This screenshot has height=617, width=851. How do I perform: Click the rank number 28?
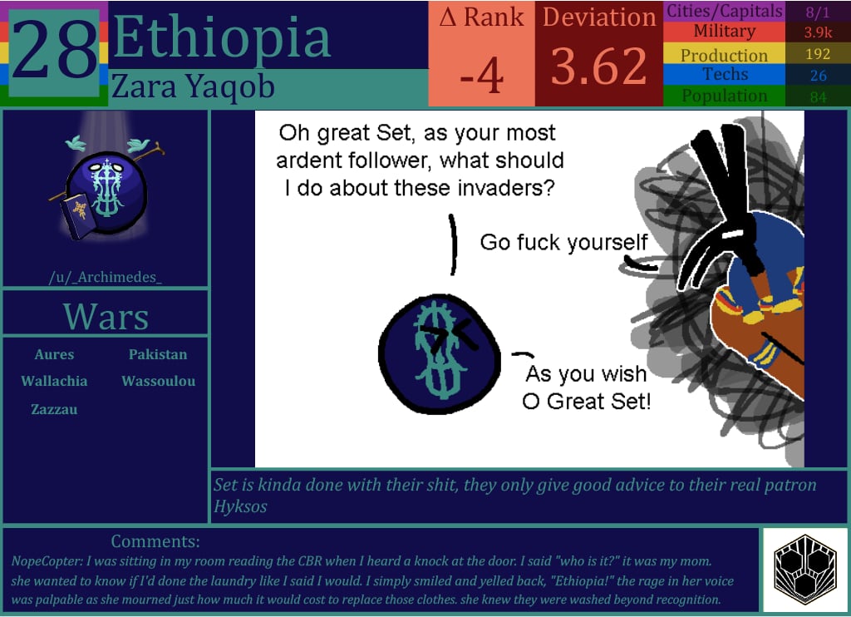pos(55,51)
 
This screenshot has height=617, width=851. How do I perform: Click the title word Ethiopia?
pos(221,37)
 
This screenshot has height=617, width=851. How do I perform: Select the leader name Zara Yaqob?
pos(193,86)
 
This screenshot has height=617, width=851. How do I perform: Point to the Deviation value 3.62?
pos(598,67)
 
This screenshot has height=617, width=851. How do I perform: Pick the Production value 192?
pos(818,55)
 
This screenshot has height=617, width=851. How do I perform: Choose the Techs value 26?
pos(818,76)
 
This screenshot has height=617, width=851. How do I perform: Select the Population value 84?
pos(818,96)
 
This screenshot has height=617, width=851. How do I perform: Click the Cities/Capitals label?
pos(724,11)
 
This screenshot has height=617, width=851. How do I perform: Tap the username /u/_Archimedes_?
pos(106,277)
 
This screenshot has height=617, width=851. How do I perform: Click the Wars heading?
pos(106,317)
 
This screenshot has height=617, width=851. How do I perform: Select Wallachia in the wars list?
pos(54,381)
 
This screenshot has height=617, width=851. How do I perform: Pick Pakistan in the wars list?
pos(158,354)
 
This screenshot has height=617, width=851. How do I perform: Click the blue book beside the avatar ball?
pos(77,215)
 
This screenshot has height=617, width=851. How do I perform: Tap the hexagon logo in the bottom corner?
pos(804,569)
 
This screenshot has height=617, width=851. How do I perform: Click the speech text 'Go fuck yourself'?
pos(563,242)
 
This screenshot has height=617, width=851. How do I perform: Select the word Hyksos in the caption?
pos(240,506)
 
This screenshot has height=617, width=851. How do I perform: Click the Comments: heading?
pos(155,542)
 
